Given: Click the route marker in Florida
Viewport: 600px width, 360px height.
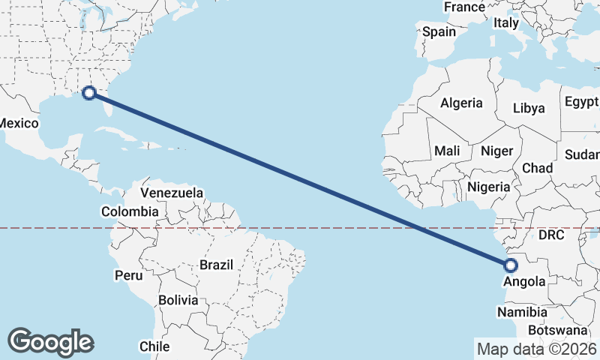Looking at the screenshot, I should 89,93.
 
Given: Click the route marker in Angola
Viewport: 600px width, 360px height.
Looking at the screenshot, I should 511,265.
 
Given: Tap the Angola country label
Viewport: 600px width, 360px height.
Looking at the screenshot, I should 524,282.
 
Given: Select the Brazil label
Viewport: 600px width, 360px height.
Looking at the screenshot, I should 217,265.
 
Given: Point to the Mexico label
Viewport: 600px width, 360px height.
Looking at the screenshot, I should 19,123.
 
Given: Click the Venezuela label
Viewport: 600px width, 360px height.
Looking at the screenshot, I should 172,193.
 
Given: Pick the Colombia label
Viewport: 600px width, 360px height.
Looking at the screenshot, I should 130,212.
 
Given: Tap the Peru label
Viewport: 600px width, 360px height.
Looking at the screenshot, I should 128,275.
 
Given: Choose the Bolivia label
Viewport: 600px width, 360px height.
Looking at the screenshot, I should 178,300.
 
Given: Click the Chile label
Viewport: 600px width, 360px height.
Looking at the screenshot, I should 154,346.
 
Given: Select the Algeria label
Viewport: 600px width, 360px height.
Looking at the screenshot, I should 461,103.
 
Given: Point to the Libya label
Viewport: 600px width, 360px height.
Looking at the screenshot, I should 529,108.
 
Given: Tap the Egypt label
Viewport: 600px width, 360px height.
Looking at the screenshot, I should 581,101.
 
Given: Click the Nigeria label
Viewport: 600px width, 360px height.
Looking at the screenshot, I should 488,187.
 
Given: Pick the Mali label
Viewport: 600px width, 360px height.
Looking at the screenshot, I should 447,151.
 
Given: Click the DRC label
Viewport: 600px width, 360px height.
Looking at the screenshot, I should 550,235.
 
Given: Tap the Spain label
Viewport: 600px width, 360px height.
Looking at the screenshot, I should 439,31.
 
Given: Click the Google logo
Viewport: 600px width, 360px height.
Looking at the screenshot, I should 50,342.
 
